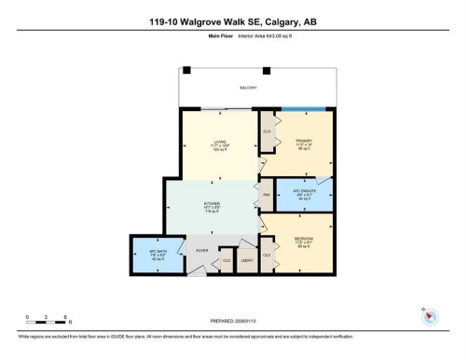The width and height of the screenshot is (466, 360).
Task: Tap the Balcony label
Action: (247, 87)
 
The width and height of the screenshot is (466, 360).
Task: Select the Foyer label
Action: (200, 250)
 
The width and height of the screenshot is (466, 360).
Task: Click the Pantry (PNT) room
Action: (266, 194)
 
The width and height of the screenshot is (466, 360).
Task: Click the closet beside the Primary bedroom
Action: (267, 132)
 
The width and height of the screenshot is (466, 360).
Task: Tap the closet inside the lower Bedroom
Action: (267, 254)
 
